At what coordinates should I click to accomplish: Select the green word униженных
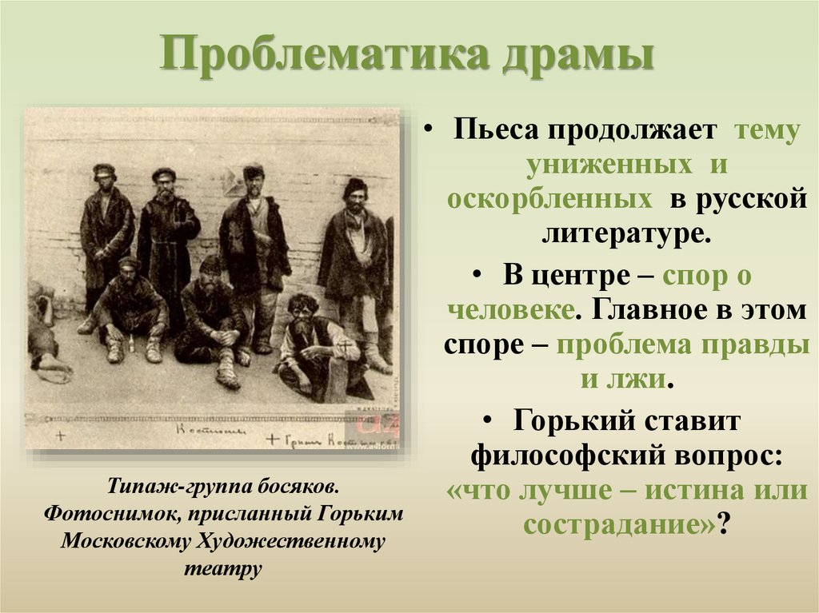pos(609,165)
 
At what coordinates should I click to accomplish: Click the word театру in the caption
pos(222,568)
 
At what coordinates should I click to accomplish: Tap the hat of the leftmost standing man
pos(104,170)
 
